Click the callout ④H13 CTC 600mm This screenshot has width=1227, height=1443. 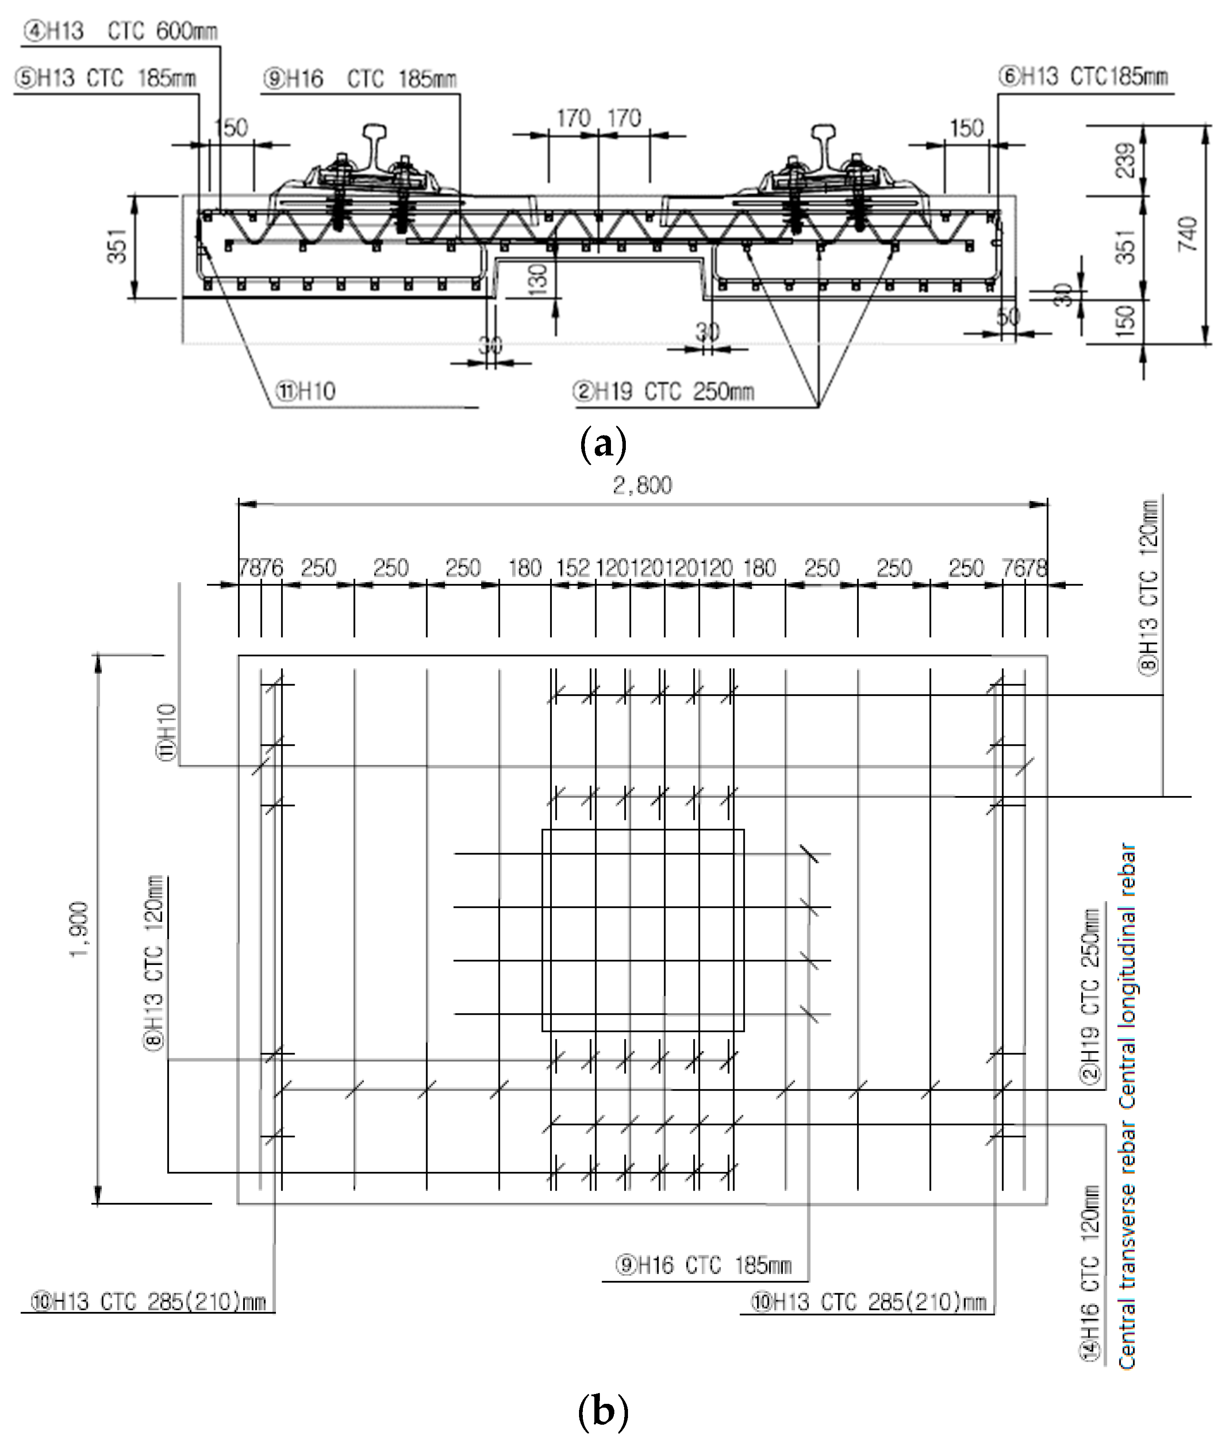120,32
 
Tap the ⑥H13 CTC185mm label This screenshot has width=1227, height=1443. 1084,77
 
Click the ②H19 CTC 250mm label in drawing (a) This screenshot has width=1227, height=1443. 663,392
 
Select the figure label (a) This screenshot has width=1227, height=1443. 602,443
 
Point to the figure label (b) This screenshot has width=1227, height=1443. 602,1412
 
